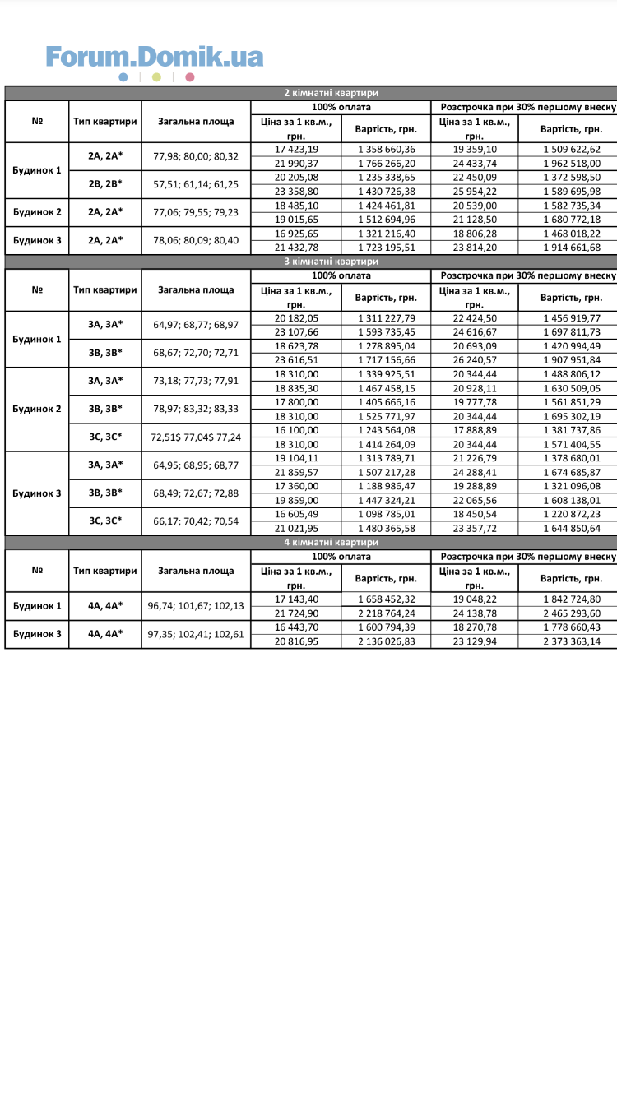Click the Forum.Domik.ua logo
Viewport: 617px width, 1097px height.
tap(155, 57)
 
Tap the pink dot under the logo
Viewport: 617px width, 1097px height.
tap(190, 77)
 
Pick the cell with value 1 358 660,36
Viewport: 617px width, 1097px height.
tap(387, 149)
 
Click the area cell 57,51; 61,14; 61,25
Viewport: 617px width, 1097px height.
tap(196, 184)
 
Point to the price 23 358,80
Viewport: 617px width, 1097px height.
tap(296, 191)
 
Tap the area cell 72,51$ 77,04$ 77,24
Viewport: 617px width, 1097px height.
tap(196, 437)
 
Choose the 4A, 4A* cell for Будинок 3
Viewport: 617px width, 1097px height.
tap(105, 634)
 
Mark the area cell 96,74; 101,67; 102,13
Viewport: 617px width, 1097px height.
tap(196, 606)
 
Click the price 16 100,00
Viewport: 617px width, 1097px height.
tap(296, 430)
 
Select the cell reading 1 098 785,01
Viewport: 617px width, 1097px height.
tap(387, 515)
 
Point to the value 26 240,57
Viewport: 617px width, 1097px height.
tap(474, 359)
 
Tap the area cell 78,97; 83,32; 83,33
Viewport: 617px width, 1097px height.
tap(196, 409)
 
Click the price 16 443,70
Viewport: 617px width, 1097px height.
tap(296, 627)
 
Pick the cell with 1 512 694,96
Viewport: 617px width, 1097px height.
tap(387, 220)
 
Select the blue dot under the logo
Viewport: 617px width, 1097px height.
tap(123, 77)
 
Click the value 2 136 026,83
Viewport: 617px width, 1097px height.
tap(387, 641)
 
